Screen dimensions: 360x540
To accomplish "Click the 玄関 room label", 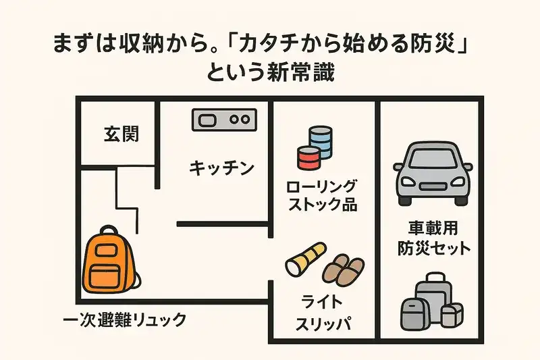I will [122, 134].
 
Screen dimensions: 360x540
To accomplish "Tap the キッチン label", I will [221, 167].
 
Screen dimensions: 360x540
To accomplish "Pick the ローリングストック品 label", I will [322, 195].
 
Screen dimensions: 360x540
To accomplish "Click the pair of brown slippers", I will [344, 268].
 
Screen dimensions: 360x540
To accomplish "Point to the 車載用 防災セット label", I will [432, 238].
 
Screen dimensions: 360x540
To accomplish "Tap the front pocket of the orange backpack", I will [105, 274].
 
